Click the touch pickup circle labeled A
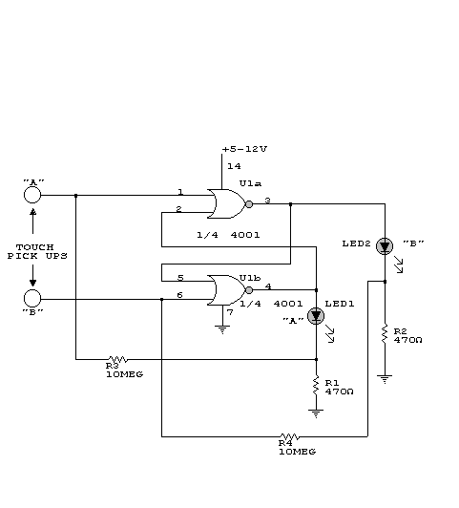click(32, 195)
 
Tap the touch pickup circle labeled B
click(32, 298)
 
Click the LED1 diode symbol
click(316, 316)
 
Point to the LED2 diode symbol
click(385, 246)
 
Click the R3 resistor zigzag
click(117, 359)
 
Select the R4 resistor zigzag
click(290, 436)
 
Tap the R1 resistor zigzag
click(316, 385)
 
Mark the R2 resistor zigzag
click(385, 333)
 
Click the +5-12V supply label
click(244, 149)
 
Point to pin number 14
click(234, 166)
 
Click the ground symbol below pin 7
click(222, 329)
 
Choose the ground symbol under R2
click(385, 379)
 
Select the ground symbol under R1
click(316, 413)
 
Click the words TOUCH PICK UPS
click(37, 252)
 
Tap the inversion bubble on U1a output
click(249, 204)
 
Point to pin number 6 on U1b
click(179, 295)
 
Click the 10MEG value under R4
click(297, 452)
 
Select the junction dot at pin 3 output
click(290, 204)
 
